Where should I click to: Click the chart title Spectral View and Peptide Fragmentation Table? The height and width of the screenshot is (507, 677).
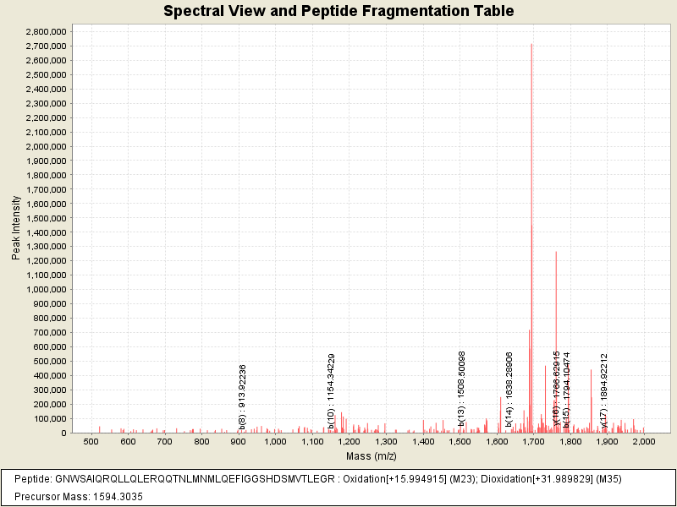coord(338,12)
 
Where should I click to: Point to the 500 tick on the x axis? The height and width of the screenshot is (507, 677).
coord(91,441)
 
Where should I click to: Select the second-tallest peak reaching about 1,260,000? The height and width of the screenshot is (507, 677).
coord(556,253)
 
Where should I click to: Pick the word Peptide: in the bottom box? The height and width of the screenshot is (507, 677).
coord(33,479)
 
